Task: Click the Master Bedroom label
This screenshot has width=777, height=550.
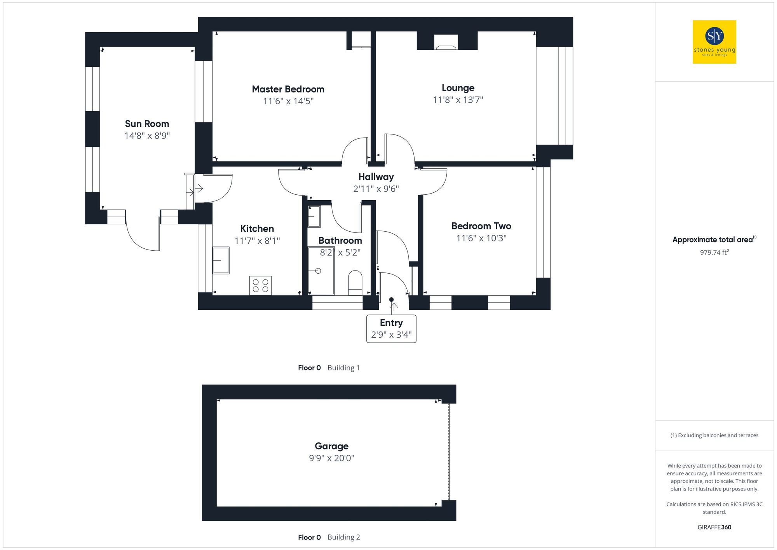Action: (288, 89)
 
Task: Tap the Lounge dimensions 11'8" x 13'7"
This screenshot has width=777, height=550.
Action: (458, 100)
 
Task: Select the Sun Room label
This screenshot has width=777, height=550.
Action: (147, 124)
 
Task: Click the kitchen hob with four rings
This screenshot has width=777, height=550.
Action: (260, 285)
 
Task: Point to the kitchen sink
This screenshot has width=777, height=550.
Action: (221, 260)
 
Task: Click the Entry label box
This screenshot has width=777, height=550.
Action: (391, 329)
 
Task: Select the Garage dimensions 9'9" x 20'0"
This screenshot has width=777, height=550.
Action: (331, 458)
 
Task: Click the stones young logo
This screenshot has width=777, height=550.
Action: (714, 42)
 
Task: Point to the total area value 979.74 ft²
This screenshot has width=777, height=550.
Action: (714, 252)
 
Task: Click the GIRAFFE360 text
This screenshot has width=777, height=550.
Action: (714, 527)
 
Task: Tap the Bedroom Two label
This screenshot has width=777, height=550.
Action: (481, 226)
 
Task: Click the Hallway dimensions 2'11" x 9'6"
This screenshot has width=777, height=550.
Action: (376, 189)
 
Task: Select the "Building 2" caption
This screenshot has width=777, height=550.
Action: (343, 537)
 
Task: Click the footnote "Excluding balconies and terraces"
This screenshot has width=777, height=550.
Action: (714, 435)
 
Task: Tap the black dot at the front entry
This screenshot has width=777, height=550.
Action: (392, 299)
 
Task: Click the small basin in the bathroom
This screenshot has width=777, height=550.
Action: (314, 217)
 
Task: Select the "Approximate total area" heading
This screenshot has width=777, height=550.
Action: (714, 239)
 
